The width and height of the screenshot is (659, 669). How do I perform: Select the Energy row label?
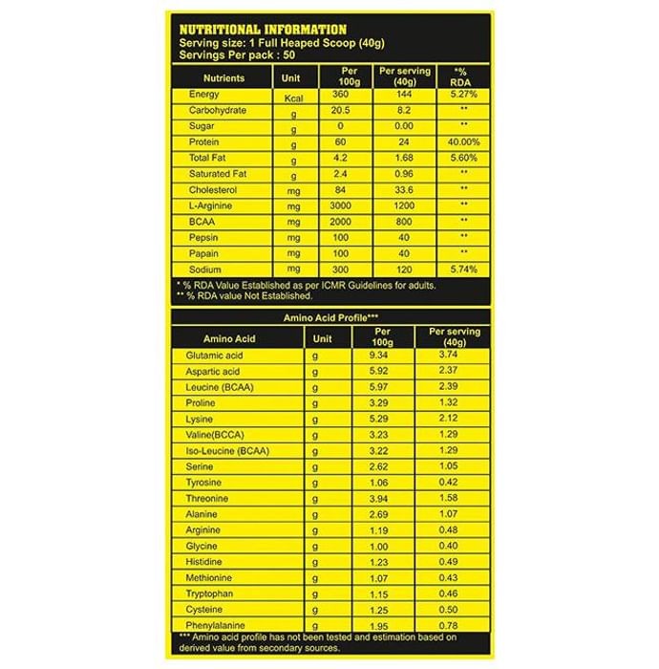(x=204, y=95)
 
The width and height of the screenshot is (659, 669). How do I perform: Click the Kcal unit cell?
(x=293, y=97)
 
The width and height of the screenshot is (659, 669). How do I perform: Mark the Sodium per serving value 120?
(x=404, y=270)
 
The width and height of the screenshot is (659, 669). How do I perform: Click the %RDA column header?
(x=462, y=76)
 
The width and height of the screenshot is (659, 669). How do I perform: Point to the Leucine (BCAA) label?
(x=217, y=386)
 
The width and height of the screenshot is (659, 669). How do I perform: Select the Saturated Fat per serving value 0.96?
(x=404, y=174)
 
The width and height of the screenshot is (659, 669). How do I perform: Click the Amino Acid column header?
(x=230, y=337)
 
